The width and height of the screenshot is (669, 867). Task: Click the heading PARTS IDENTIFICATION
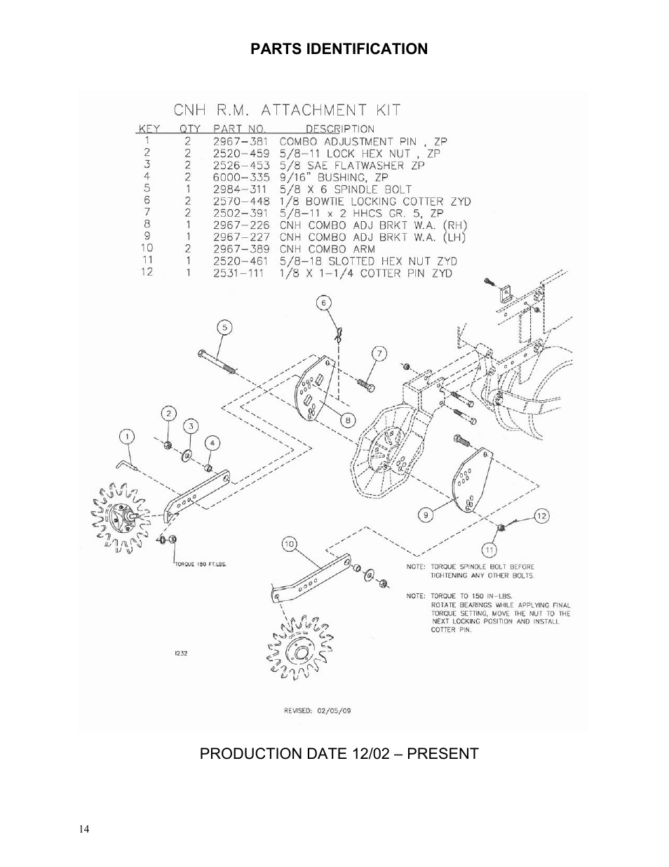tap(339, 49)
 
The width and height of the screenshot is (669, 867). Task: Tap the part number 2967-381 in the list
tap(238, 141)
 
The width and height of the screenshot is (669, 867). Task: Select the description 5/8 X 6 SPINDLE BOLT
tap(346, 190)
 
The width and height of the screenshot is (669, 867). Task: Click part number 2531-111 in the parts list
tap(238, 273)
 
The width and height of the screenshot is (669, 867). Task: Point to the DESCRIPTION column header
tap(339, 129)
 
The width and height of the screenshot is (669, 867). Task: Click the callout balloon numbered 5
tap(224, 326)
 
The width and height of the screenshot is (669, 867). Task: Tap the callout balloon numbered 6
tap(323, 303)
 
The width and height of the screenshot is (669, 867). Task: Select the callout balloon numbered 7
tap(379, 352)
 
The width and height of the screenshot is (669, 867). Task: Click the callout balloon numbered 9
tap(425, 515)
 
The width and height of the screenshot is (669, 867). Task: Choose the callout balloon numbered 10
tap(289, 543)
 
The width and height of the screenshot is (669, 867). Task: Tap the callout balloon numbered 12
tap(541, 516)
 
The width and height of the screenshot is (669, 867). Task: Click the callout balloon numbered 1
tap(126, 437)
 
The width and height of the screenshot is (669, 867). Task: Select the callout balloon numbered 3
tap(191, 427)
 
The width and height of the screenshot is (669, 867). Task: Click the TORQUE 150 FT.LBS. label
tap(200, 563)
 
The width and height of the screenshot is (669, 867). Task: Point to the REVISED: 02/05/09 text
tap(317, 710)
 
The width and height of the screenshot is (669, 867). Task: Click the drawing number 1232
tap(180, 652)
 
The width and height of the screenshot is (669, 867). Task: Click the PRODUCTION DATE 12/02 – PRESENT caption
tap(339, 754)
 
